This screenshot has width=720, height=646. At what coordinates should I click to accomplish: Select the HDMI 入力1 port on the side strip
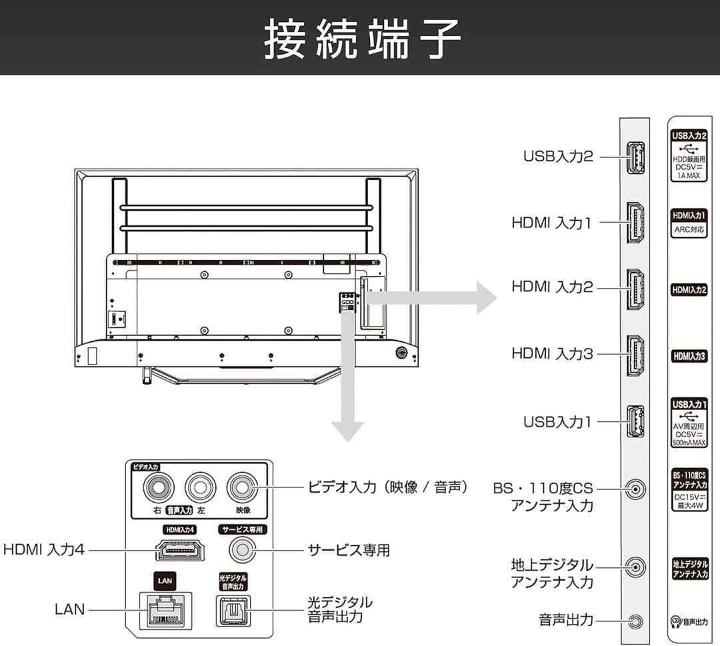(635, 223)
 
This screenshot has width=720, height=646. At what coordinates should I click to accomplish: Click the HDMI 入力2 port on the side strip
(635, 289)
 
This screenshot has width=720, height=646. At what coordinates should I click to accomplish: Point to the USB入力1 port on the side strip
(635, 423)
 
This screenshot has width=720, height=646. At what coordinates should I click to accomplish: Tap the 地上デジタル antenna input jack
(636, 567)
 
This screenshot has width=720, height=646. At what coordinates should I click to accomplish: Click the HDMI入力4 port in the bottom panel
(180, 551)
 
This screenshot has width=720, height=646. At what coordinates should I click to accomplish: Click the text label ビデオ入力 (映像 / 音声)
(387, 487)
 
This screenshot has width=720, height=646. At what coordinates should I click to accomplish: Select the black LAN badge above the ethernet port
(165, 581)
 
